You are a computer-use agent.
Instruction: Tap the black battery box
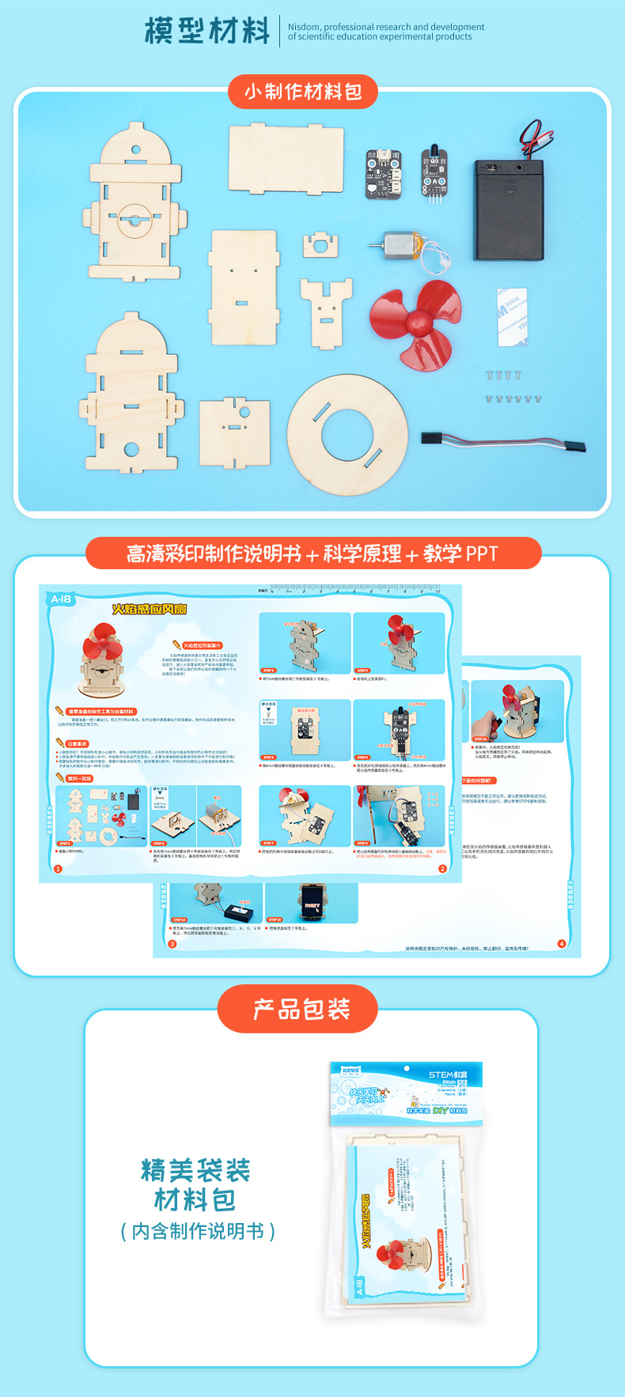509,209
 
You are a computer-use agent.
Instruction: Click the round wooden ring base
347,434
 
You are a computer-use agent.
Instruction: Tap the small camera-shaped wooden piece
320,244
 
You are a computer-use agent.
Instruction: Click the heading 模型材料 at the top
207,32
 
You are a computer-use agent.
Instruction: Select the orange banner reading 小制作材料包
303,92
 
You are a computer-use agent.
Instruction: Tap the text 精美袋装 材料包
195,1184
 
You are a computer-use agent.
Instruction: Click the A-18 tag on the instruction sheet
61,598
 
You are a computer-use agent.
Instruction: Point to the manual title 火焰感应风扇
149,609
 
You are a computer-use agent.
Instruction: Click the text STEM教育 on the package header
448,1074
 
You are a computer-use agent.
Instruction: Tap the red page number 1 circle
58,868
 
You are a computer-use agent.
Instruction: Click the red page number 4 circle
562,943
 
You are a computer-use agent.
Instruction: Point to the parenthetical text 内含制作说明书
198,1231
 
